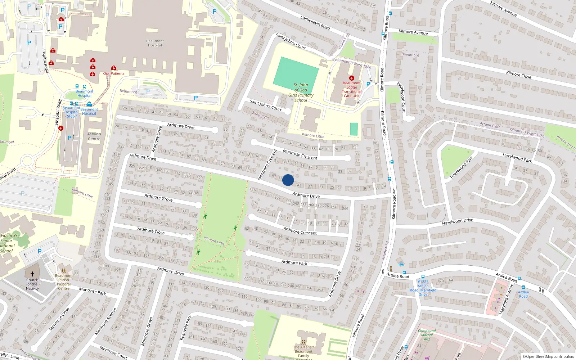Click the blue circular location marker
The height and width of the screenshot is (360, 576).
288,180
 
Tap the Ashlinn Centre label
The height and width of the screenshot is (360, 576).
94,136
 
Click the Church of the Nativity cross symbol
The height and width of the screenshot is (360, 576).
32,274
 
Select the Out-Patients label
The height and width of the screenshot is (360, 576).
114,73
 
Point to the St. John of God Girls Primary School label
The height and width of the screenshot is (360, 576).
301,93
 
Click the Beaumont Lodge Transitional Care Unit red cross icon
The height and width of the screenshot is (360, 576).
352,78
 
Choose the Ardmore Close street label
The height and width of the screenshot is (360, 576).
151,231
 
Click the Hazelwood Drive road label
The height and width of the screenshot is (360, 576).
458,222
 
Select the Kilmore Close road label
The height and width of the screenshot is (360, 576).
518,75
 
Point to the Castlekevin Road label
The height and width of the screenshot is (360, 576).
315,23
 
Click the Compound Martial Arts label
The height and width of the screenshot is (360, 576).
427,335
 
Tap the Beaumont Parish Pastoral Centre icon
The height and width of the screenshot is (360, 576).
64,271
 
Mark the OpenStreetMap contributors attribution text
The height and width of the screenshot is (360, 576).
548,356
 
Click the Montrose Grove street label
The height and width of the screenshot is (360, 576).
147,331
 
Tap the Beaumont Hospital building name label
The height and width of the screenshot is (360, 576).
155,43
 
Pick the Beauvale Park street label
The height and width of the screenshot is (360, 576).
186,328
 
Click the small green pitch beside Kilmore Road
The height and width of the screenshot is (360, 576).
354,129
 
